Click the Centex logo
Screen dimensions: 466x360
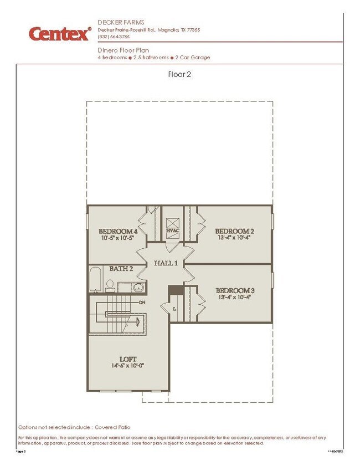pyautogui.click(x=60, y=34)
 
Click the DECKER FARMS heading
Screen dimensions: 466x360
pyautogui.click(x=117, y=22)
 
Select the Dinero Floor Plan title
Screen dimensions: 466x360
pyautogui.click(x=122, y=50)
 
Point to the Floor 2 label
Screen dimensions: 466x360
pyautogui.click(x=179, y=74)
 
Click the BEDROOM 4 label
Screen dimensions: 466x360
pyautogui.click(x=118, y=231)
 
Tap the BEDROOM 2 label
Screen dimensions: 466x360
pyautogui.click(x=235, y=231)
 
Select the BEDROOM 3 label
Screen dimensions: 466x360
pyautogui.click(x=235, y=290)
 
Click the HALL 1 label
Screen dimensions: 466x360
pyautogui.click(x=166, y=264)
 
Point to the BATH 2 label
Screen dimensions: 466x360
pyautogui.click(x=121, y=269)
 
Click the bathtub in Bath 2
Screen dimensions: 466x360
pyautogui.click(x=96, y=279)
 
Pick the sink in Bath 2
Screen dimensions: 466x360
pyautogui.click(x=137, y=287)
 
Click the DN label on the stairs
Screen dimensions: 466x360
pyautogui.click(x=142, y=303)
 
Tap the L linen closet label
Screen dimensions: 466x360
pyautogui.click(x=174, y=308)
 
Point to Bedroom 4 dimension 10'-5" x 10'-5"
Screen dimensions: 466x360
pyautogui.click(x=118, y=238)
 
